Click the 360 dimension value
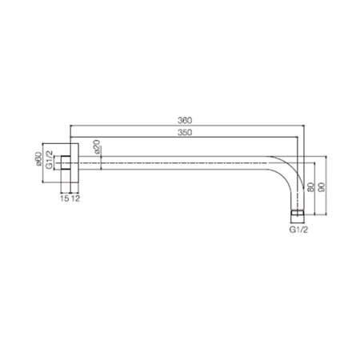click(x=185, y=121)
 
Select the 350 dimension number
click(x=185, y=133)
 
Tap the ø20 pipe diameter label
click(x=97, y=146)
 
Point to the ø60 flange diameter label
click(x=38, y=159)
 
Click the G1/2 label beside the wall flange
click(x=50, y=160)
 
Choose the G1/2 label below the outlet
click(x=298, y=230)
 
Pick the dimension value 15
click(x=65, y=198)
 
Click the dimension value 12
click(x=75, y=198)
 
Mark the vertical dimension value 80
click(x=310, y=187)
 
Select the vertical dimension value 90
click(x=322, y=187)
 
